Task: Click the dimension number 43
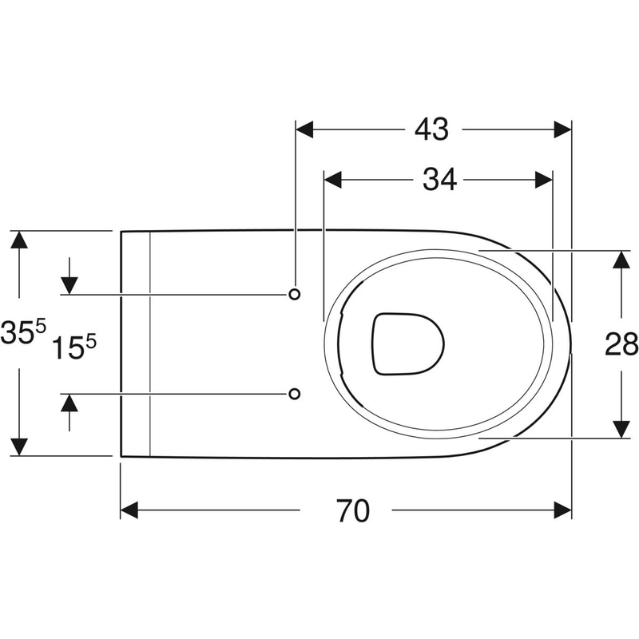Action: coord(431,129)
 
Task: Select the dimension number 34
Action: coord(439,180)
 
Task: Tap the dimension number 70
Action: coord(353,511)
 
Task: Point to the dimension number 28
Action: coord(621,344)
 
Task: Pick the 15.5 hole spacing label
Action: coord(73,347)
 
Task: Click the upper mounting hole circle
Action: coord(294,294)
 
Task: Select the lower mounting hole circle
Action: coord(294,394)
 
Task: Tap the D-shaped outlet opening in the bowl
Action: coord(407,343)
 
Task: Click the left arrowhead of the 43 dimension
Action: coord(304,129)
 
